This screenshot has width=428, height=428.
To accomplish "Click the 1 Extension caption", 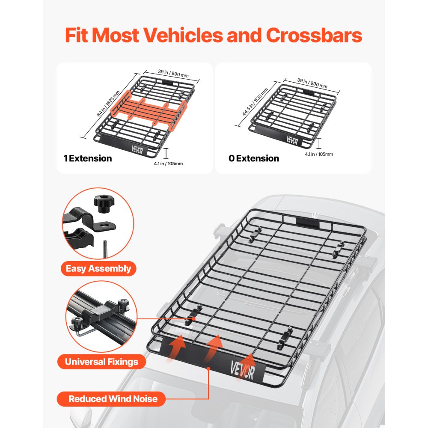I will pyautogui.click(x=88, y=158).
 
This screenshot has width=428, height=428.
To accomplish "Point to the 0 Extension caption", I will pyautogui.click(x=254, y=158).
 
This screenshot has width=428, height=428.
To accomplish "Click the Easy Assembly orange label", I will pyautogui.click(x=98, y=269).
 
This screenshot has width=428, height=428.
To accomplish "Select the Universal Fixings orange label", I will pyautogui.click(x=101, y=362).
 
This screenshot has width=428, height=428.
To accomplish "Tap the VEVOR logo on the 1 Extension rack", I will pyautogui.click(x=139, y=151).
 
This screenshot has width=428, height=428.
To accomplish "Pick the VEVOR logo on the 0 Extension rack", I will pyautogui.click(x=292, y=140).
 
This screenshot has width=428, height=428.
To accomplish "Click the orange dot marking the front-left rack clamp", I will pyautogui.click(x=195, y=318).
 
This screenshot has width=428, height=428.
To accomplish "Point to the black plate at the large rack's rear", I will pyautogui.click(x=307, y=222).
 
